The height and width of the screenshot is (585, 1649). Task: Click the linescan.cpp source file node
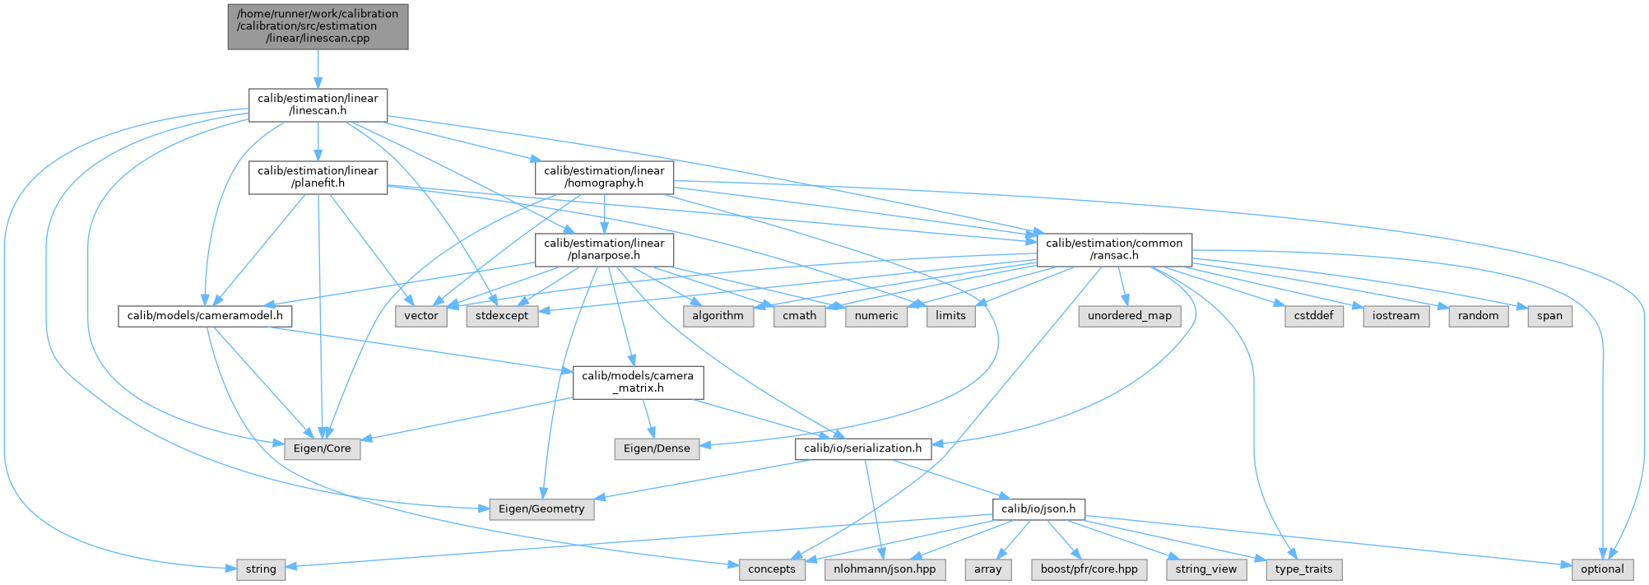[318, 26]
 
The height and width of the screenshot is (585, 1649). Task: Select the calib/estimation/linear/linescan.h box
[318, 104]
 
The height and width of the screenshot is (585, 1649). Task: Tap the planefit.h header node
[318, 177]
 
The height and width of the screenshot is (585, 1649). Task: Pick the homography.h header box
[604, 177]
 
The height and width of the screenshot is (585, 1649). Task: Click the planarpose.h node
[604, 249]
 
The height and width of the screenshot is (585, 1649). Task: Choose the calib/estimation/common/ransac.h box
[1114, 249]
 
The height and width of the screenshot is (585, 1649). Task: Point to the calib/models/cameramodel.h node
[205, 316]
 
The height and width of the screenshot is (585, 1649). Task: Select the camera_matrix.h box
[638, 382]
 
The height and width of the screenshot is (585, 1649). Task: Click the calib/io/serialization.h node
[863, 448]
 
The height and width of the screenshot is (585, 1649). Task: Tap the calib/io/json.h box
[1038, 509]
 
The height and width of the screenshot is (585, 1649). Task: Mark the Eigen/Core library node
[322, 448]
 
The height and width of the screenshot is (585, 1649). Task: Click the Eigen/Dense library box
[656, 448]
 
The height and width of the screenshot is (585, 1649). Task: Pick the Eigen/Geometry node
[541, 509]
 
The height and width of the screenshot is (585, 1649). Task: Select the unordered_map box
[1130, 316]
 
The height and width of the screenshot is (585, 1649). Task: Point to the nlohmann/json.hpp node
[885, 569]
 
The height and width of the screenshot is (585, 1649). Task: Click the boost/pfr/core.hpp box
[1089, 569]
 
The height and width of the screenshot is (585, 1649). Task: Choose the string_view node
[1205, 569]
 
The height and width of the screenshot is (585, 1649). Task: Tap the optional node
[1602, 569]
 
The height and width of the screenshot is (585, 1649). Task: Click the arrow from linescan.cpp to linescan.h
[318, 69]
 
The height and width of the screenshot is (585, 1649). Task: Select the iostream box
[1396, 316]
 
